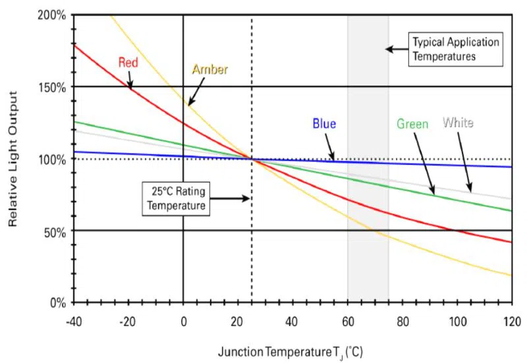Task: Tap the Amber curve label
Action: [x=209, y=69]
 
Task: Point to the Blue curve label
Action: [x=324, y=124]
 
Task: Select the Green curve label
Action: [x=412, y=124]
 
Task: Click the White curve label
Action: [x=458, y=123]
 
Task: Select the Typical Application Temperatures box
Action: [x=455, y=49]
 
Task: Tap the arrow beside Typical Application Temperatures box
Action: [x=397, y=49]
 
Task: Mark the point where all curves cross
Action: [x=252, y=158]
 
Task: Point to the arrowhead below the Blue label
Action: [x=333, y=157]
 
